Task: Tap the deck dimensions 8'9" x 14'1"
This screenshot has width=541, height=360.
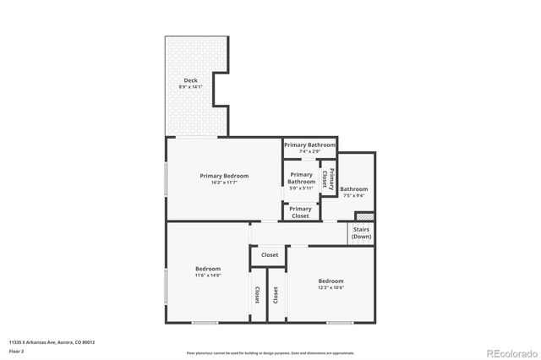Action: click(190, 87)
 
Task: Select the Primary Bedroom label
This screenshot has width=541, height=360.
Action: click(224, 176)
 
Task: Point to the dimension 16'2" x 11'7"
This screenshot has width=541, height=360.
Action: click(224, 183)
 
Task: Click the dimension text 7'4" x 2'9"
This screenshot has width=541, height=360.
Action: click(309, 151)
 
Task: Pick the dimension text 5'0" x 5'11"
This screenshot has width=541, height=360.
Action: click(301, 188)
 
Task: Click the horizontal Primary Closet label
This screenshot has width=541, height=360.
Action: click(301, 212)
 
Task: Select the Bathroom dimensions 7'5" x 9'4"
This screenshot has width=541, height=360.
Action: click(354, 196)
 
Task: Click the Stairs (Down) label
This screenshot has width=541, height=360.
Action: click(361, 232)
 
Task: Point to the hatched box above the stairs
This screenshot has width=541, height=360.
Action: click(363, 216)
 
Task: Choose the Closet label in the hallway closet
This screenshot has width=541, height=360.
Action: click(270, 254)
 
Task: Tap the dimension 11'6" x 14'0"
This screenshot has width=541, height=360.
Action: click(208, 275)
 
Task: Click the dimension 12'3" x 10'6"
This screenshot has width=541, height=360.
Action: click(331, 287)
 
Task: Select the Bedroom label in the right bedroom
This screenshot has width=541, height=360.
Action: click(331, 281)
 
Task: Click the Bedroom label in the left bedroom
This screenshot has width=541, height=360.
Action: click(208, 269)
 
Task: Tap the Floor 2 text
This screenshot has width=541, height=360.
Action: click(16, 350)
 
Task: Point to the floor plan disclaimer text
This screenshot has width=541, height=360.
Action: click(270, 352)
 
